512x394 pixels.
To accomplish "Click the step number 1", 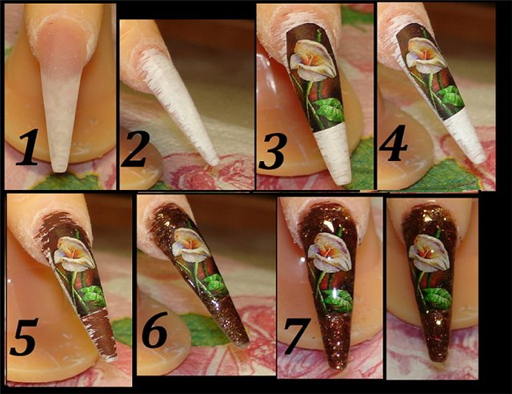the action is coord(28,147).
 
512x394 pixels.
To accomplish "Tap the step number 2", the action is coord(135,149).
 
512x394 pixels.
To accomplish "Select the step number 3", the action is coord(272,151).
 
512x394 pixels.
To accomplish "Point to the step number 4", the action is coord(393,143).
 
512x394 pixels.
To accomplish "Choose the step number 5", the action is coord(23,336).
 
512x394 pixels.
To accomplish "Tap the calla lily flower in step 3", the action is coord(313,61).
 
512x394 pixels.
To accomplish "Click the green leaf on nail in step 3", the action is coord(329,110).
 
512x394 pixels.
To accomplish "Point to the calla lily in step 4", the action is coord(424,55).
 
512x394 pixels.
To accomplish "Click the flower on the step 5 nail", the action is coord(74,253).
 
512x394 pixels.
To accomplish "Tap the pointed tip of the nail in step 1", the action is coord(59,169).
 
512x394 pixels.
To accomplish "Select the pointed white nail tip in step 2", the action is coord(214,161).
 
